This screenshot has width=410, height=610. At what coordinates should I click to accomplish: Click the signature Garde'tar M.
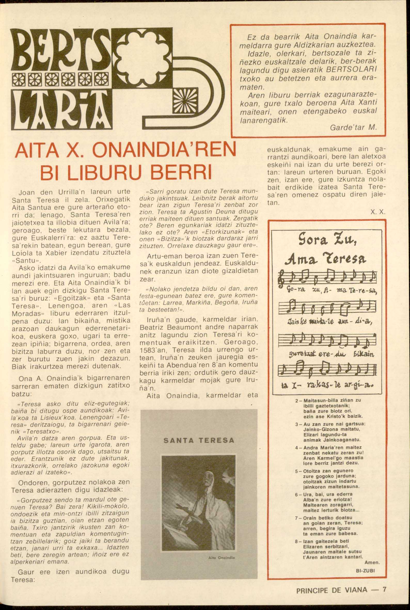(x=353, y=128)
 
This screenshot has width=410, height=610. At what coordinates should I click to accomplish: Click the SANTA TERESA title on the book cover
(x=199, y=440)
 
